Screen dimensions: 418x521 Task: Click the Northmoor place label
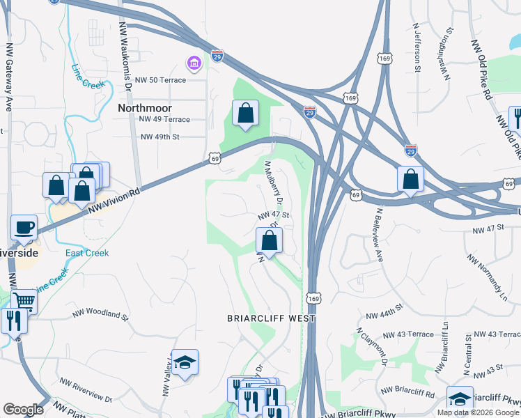click(144, 108)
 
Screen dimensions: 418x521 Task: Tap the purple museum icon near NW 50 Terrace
click(193, 65)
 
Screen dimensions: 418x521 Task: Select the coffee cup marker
click(24, 226)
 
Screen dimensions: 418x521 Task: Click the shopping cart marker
click(24, 301)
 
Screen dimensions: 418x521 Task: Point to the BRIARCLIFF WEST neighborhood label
click(271, 318)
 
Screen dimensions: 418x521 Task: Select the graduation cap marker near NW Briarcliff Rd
click(460, 398)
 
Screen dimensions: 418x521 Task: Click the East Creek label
click(87, 253)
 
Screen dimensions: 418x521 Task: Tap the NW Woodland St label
click(100, 316)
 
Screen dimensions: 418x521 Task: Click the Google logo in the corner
click(23, 410)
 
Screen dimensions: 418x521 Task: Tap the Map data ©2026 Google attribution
click(478, 412)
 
